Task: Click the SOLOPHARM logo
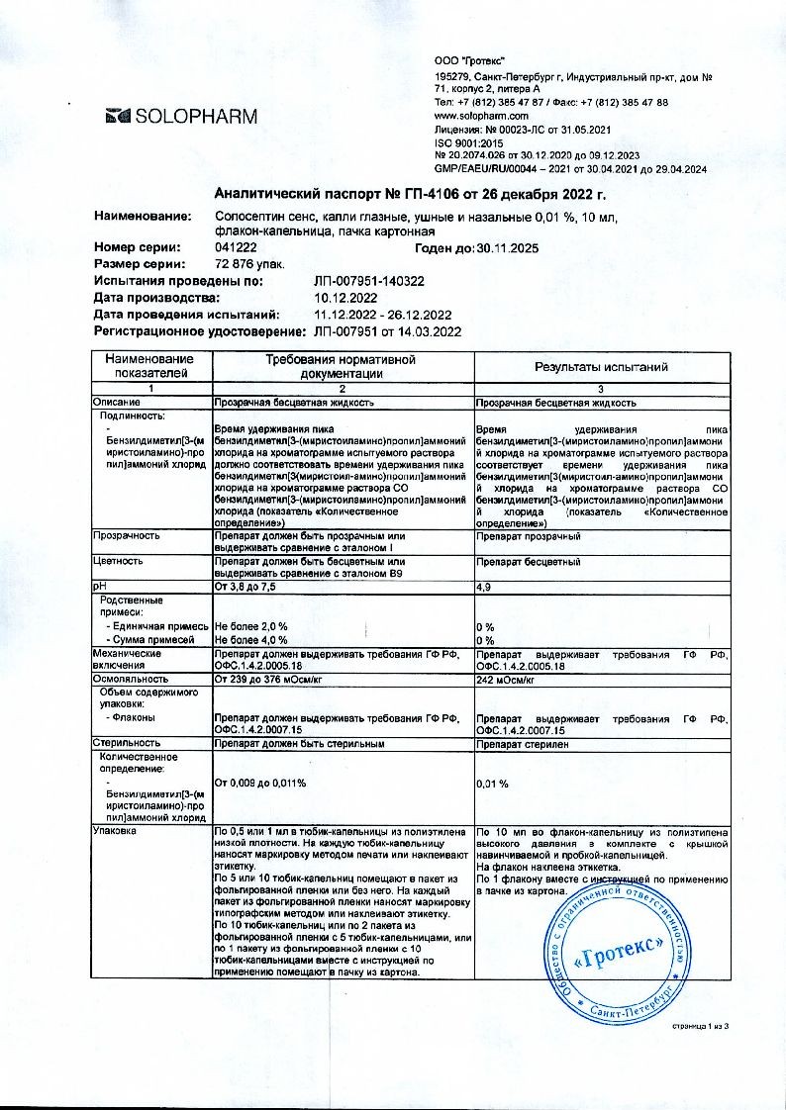coord(181,117)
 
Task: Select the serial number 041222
coord(233,247)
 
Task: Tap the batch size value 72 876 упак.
coord(249,264)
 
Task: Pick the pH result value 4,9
coord(485,587)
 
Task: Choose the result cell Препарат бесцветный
coord(528,562)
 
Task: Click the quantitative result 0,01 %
coord(492,783)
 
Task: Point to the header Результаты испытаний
coord(601,367)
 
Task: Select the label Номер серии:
coord(137,247)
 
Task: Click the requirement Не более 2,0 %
coord(250,627)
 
